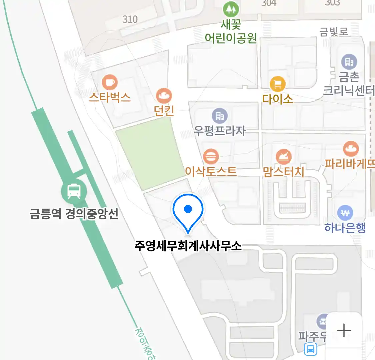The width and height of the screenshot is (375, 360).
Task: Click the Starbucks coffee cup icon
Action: coord(110,82)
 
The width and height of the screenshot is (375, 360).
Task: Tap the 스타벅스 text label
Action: coord(110,97)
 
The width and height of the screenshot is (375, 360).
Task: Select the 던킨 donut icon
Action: coord(164,96)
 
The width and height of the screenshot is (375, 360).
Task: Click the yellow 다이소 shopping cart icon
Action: coord(278,84)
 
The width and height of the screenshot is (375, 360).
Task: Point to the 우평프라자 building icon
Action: coord(220,116)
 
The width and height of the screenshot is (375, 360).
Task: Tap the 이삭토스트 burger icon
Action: coord(211,156)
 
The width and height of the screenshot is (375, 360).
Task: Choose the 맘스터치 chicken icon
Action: coord(284,156)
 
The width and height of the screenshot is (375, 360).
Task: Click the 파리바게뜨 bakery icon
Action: coord(350,149)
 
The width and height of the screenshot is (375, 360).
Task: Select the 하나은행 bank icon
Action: coord(345,213)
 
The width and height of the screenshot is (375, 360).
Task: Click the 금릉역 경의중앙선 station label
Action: coord(74,214)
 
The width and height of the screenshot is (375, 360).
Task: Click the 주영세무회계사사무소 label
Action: coord(188,246)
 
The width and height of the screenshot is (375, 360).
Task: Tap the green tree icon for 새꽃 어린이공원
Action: coord(231,9)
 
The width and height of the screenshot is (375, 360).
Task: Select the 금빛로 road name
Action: coord(334,32)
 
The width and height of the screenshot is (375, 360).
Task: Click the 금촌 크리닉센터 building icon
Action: coord(349,62)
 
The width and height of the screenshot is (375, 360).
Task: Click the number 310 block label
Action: coord(130,19)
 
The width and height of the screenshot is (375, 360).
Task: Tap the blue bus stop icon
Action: coord(311,349)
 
